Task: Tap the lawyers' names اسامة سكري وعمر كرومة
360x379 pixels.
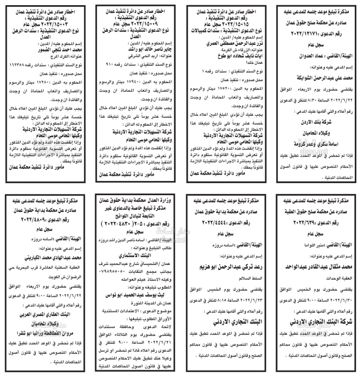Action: tap(315, 144)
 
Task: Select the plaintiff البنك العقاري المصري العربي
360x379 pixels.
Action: tap(45, 314)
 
